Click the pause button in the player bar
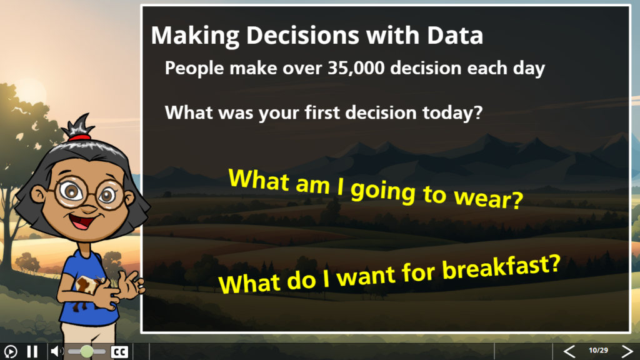coord(32,351)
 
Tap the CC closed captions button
coord(119,352)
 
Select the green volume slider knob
coord(86,351)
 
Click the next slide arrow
coord(627,351)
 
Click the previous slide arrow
coord(569,351)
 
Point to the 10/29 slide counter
coord(598,350)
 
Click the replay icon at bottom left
coord(10,351)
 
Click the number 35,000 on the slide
coord(356,67)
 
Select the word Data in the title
coord(455,35)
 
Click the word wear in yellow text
coord(489,197)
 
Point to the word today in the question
coord(452,112)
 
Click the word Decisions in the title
coord(302,36)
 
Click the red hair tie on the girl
coord(79,137)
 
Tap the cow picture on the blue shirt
coord(89,285)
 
